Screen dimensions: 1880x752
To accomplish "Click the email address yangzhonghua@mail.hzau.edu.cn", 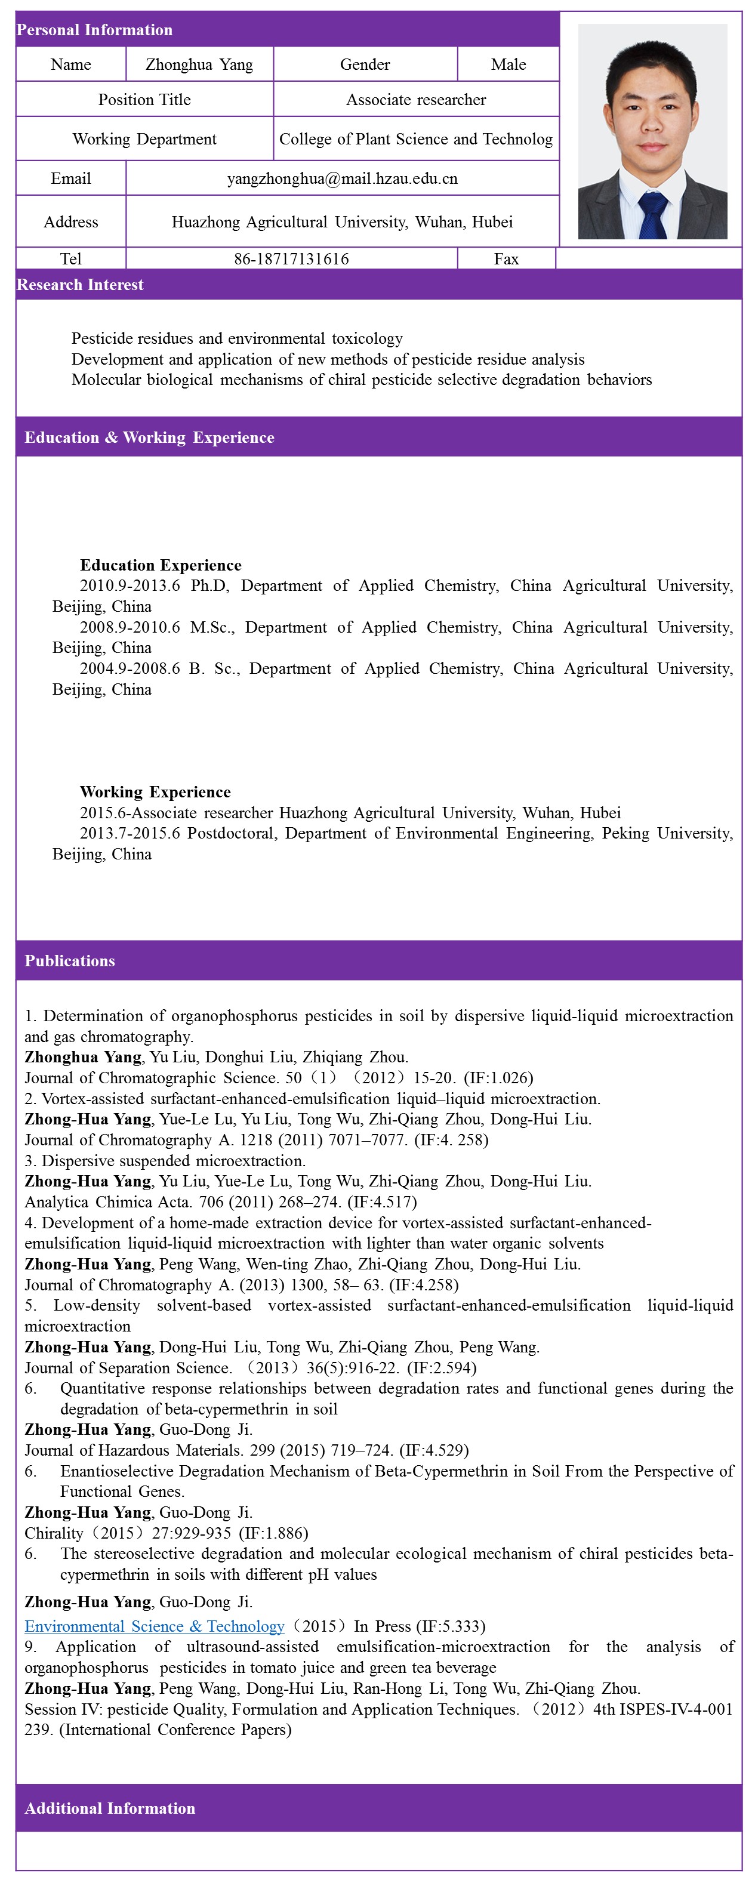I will (x=342, y=179).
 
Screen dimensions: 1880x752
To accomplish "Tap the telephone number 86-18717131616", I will (x=291, y=259).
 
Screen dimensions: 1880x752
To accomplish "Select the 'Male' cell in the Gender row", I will (x=508, y=64).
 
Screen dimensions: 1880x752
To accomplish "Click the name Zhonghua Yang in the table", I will (x=199, y=64).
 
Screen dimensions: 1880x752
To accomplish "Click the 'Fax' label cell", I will (x=506, y=259).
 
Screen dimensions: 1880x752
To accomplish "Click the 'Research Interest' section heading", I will (x=81, y=285).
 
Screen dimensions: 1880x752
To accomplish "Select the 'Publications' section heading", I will (x=70, y=960).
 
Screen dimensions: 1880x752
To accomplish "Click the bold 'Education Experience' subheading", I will (x=161, y=565).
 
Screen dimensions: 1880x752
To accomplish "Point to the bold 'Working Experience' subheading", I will (x=155, y=792).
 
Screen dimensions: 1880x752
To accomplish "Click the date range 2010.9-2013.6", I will (x=130, y=585).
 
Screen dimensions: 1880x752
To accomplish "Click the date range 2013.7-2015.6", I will (x=130, y=833).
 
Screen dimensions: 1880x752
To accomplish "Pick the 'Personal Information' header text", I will (x=94, y=30).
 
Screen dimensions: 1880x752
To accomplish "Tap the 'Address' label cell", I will (x=71, y=222).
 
